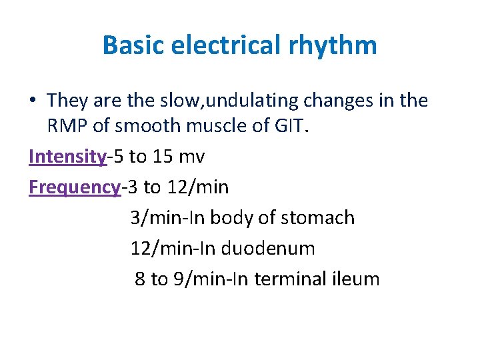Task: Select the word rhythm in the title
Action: point(341,45)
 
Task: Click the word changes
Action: point(336,101)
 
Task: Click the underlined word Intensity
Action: point(67,157)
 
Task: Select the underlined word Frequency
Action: point(73,187)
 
